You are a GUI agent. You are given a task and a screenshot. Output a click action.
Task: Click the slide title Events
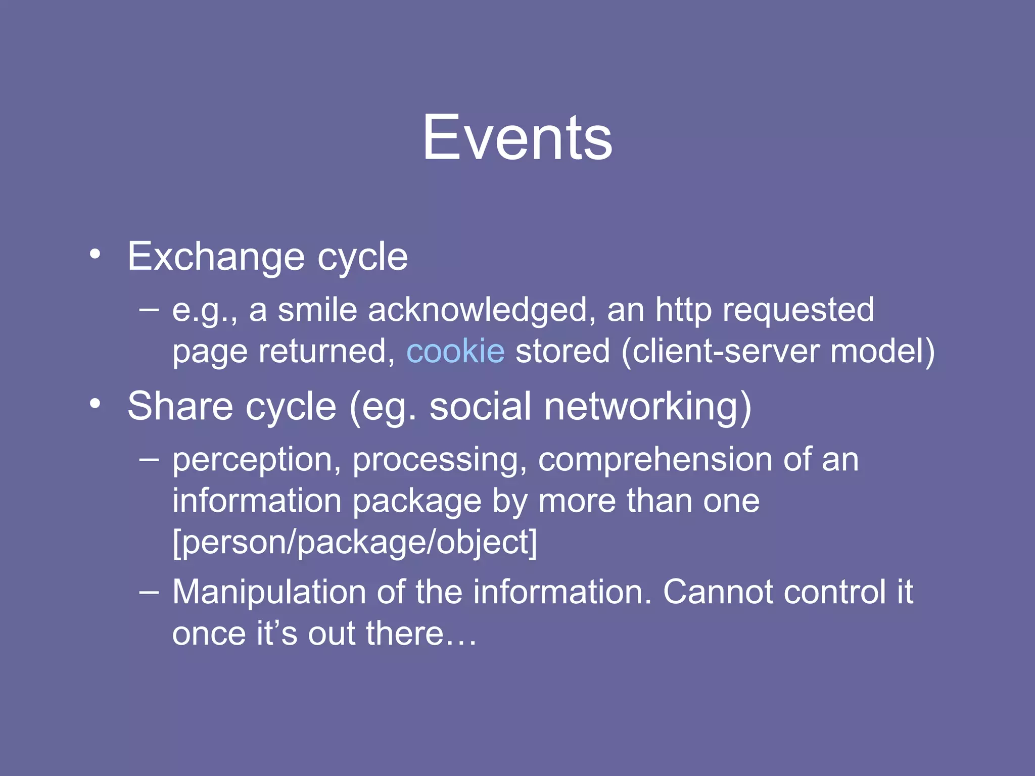tap(517, 137)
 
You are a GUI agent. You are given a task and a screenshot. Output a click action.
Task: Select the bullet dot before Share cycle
tap(95, 403)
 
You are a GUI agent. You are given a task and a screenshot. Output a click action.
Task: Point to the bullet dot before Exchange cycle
tap(95, 254)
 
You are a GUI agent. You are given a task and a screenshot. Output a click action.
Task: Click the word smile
tap(317, 310)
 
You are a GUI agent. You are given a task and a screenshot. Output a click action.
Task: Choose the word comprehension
tap(655, 461)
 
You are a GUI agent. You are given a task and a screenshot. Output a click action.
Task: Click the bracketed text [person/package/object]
tap(355, 543)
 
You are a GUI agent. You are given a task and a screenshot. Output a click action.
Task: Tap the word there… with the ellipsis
tap(421, 634)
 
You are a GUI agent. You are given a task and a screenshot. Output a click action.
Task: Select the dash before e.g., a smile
tap(149, 309)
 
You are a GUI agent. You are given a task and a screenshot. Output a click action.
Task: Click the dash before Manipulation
tap(149, 591)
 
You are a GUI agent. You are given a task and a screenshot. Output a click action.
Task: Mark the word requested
tap(798, 310)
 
